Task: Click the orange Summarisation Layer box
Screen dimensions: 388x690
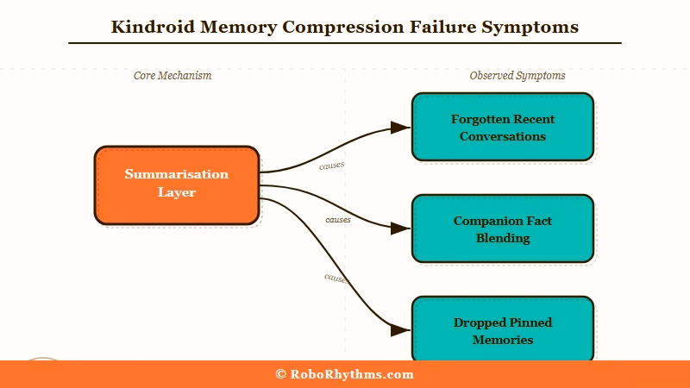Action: point(176,185)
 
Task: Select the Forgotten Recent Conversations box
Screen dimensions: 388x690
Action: point(502,127)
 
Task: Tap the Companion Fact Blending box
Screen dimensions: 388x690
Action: point(502,228)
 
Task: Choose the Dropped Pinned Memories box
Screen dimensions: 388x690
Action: point(502,330)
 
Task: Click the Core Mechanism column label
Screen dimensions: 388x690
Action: point(172,76)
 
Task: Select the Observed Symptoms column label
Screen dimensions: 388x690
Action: point(517,76)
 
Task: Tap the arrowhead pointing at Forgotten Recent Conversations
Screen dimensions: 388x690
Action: point(399,128)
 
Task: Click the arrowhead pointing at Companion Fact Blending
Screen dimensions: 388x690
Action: point(399,228)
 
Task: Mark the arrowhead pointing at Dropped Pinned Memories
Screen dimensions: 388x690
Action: point(399,330)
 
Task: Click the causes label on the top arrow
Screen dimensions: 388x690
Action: point(331,165)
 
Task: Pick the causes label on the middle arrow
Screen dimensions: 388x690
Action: point(338,220)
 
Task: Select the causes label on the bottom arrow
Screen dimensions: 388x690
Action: point(336,278)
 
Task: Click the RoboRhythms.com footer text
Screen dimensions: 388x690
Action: point(352,374)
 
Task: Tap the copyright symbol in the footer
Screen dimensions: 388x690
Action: point(280,374)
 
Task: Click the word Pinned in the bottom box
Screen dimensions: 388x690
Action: point(526,322)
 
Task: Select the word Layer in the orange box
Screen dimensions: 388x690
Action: point(176,192)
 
